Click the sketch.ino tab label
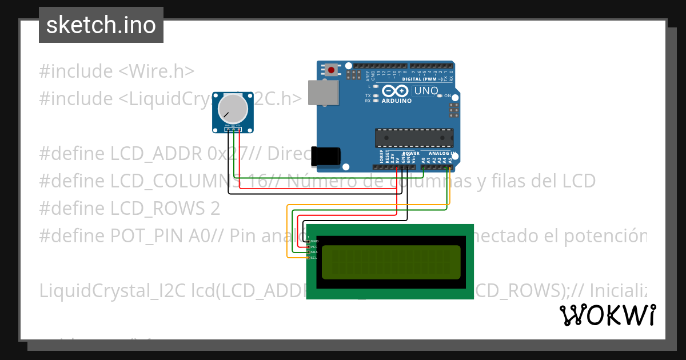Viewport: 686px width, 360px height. [x=101, y=25]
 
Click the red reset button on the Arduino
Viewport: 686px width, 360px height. [x=330, y=70]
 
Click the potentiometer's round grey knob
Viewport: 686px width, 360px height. [x=233, y=107]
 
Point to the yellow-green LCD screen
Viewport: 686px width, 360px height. [x=391, y=262]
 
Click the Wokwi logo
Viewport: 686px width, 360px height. [x=607, y=315]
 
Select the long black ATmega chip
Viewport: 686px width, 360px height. [x=414, y=138]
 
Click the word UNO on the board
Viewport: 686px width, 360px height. [x=425, y=91]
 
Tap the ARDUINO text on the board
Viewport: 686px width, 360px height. [x=397, y=101]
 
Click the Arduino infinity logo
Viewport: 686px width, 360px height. [x=396, y=91]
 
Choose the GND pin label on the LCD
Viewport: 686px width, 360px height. [x=314, y=241]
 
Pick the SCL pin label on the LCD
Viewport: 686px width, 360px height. [x=314, y=258]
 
